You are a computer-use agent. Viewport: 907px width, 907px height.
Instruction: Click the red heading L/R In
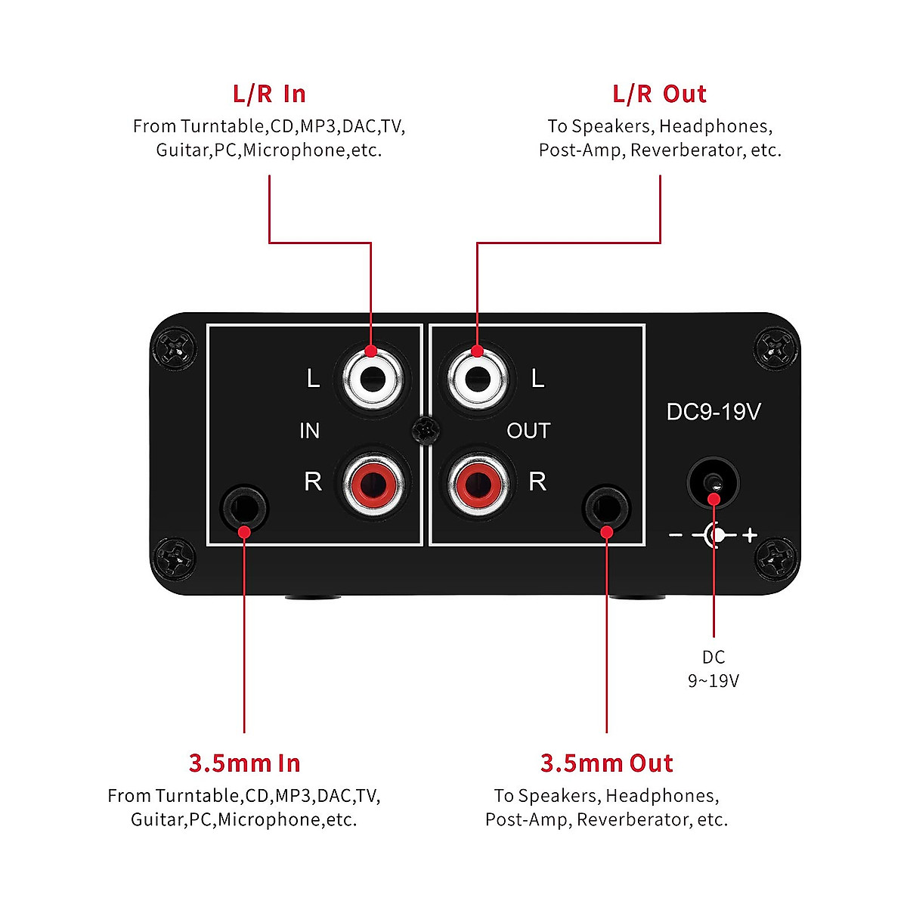(x=269, y=94)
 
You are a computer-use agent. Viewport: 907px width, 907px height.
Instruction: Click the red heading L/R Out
(x=659, y=94)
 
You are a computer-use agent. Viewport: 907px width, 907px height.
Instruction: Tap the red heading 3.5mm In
(x=244, y=763)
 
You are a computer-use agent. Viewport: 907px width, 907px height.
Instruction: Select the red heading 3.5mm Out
(x=606, y=763)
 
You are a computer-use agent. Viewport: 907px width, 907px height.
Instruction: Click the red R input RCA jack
(x=371, y=483)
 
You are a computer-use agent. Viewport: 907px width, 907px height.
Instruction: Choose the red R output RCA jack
(x=476, y=483)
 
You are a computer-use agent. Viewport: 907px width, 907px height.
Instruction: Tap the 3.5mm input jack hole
(x=243, y=507)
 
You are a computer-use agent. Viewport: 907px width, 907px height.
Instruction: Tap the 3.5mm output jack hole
(x=607, y=507)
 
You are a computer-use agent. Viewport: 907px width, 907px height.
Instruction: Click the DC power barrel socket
(x=713, y=483)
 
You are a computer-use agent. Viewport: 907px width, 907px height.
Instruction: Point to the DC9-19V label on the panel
(x=713, y=412)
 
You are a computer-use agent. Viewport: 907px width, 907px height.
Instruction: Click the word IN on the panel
(x=309, y=431)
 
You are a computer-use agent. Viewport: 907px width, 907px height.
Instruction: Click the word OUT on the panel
(x=528, y=431)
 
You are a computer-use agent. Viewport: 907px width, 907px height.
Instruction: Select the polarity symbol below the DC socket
(x=713, y=535)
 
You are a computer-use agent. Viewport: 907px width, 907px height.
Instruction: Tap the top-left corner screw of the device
(x=175, y=348)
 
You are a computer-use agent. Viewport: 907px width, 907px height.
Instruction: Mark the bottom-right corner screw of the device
(x=776, y=560)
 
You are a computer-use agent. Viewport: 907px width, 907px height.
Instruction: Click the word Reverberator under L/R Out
(x=687, y=150)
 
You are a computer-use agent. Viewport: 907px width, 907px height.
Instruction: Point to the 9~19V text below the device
(x=713, y=681)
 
